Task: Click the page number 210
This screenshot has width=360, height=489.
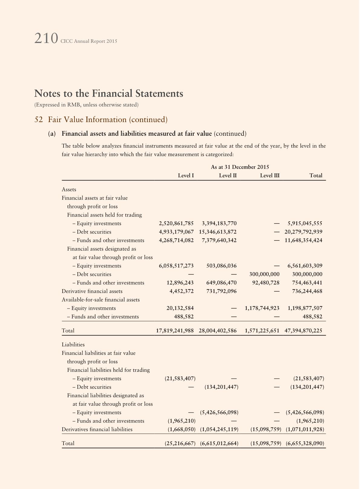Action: point(46,39)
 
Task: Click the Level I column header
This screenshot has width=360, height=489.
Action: point(186,176)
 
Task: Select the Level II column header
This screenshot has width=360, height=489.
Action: point(227,176)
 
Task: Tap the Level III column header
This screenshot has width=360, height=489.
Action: point(270,176)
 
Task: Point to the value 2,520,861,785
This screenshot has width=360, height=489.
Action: point(176,223)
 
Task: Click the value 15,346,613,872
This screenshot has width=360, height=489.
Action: point(218,232)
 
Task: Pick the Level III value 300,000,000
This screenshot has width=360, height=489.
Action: point(264,274)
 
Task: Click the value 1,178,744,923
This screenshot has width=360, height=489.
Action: point(262,308)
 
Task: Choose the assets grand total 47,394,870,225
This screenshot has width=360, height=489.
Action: point(303,331)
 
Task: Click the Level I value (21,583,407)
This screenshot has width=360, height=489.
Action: point(180,378)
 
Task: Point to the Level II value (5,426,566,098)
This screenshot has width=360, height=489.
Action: point(219,412)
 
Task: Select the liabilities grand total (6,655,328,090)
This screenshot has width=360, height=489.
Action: point(305,443)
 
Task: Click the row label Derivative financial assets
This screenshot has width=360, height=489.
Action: point(92,291)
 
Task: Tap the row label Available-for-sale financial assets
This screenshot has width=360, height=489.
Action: point(100,300)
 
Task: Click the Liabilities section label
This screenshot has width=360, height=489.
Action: point(73,345)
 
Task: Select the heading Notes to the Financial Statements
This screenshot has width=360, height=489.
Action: point(109,93)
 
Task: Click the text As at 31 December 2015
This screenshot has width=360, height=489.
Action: point(240,167)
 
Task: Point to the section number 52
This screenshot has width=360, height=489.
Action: point(38,120)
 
